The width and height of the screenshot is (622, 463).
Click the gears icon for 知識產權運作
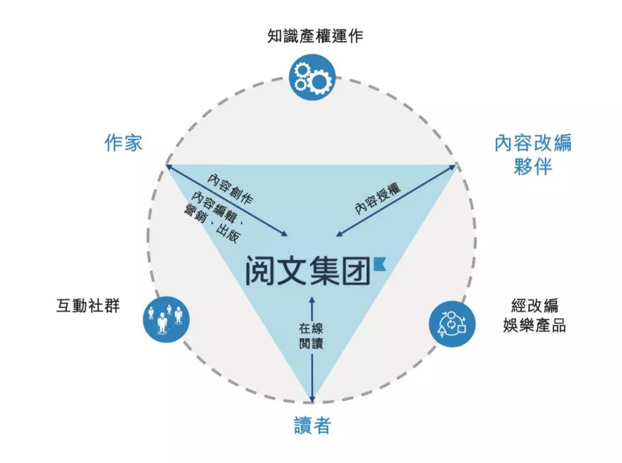pyautogui.click(x=312, y=77)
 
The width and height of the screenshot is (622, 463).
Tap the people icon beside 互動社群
pyautogui.click(x=166, y=320)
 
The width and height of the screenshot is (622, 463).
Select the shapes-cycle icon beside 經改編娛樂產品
pyautogui.click(x=452, y=324)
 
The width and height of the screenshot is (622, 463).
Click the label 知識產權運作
pyautogui.click(x=315, y=36)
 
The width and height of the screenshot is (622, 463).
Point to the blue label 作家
pyautogui.click(x=123, y=142)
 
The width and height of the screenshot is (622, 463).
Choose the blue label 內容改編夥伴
pyautogui.click(x=533, y=155)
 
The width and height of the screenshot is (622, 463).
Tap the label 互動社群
pyautogui.click(x=88, y=306)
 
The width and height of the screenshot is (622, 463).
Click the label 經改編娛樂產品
pyautogui.click(x=534, y=316)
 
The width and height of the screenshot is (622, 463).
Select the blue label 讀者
pyautogui.click(x=312, y=425)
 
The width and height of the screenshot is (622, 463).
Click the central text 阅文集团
pyautogui.click(x=308, y=270)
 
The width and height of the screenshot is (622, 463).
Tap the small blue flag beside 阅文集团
pyautogui.click(x=380, y=264)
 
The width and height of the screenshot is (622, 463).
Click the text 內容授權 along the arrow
pyautogui.click(x=378, y=198)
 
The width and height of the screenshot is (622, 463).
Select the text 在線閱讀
pyautogui.click(x=311, y=336)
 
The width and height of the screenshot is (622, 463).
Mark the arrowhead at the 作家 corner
pyautogui.click(x=169, y=166)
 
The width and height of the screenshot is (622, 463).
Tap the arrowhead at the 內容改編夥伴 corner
pyautogui.click(x=452, y=168)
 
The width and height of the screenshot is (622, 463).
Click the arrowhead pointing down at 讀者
pyautogui.click(x=312, y=399)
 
